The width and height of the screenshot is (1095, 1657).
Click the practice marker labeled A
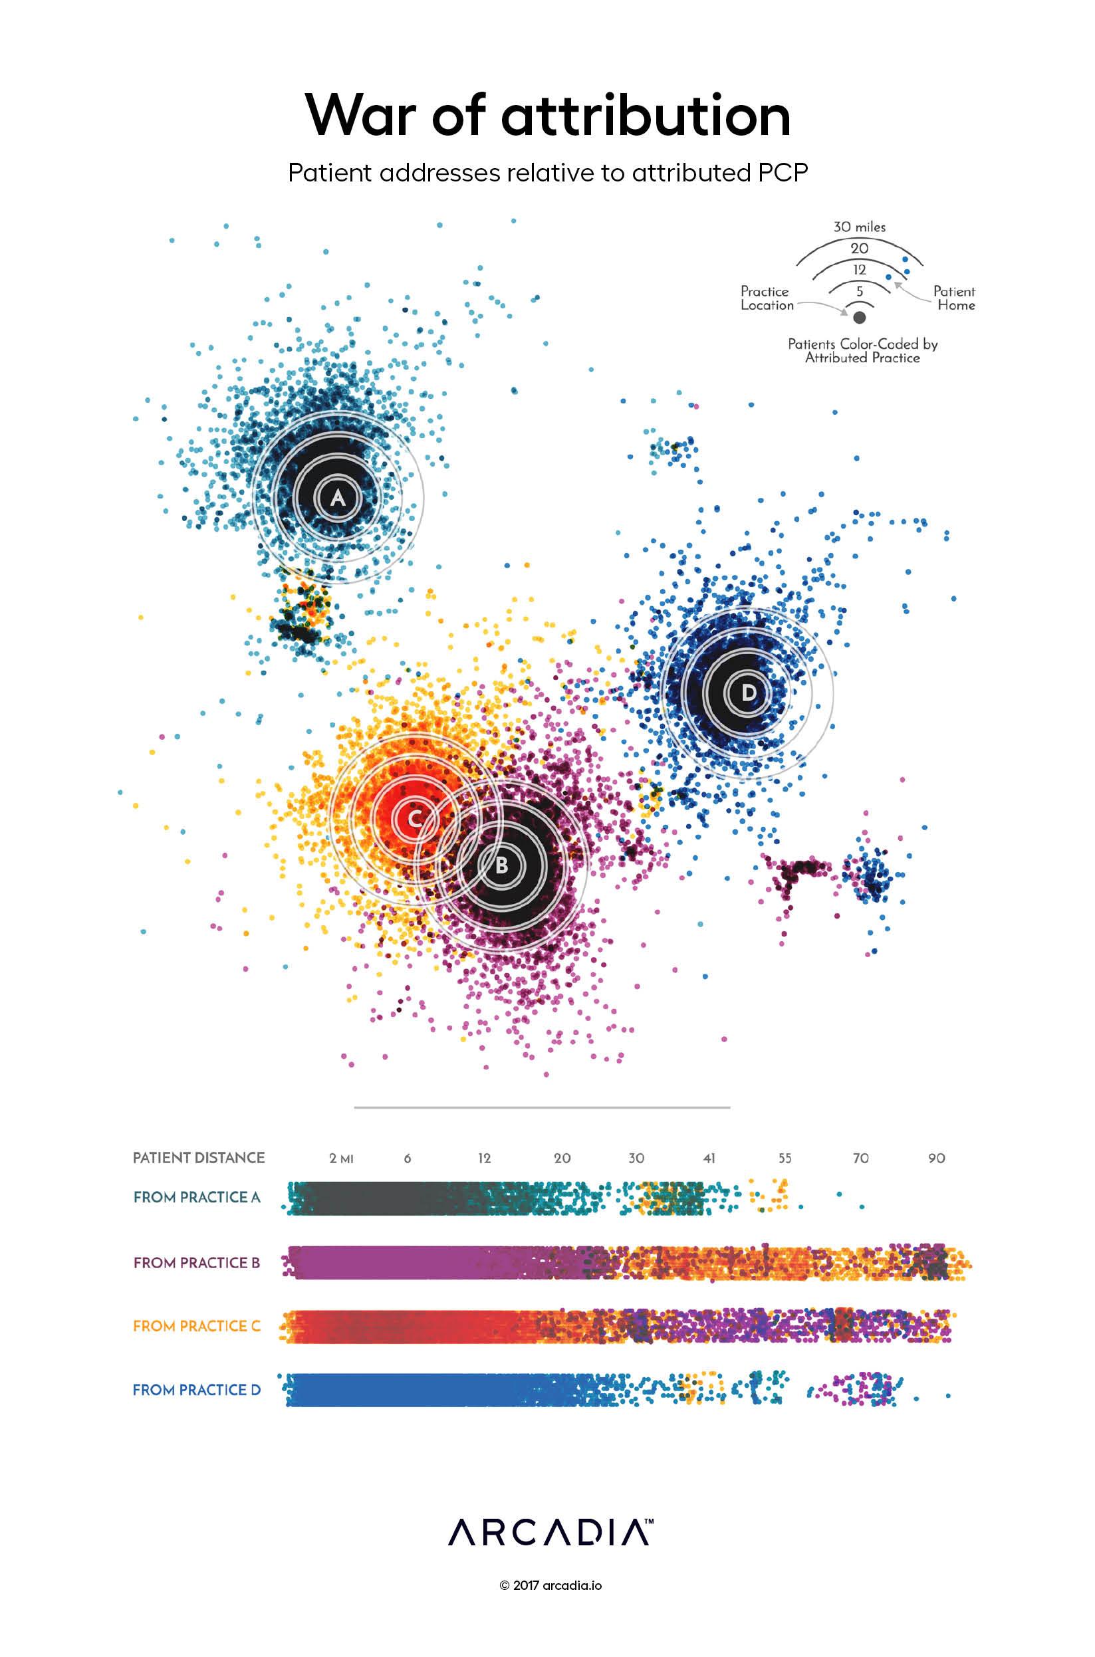click(338, 498)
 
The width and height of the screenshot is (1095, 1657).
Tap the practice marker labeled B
click(501, 865)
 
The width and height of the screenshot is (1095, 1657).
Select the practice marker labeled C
click(414, 819)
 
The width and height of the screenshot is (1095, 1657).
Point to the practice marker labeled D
click(748, 693)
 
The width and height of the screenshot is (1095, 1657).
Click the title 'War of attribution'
click(548, 115)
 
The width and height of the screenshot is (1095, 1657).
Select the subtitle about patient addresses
click(548, 173)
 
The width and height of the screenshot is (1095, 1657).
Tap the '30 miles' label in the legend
click(859, 227)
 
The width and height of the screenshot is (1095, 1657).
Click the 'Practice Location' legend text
click(766, 298)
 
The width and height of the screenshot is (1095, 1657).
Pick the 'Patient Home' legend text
click(955, 298)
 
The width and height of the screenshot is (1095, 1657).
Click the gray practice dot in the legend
click(860, 318)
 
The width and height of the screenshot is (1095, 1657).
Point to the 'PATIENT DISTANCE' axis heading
click(199, 1158)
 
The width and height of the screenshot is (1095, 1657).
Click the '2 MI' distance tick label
click(342, 1159)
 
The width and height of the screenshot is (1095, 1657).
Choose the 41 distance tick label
click(709, 1159)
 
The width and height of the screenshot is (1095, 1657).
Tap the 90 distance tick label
click(936, 1159)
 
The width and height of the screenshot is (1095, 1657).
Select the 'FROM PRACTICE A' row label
click(197, 1198)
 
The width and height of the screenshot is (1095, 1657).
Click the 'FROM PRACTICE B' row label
click(197, 1263)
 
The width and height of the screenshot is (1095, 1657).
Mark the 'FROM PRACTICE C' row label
click(197, 1326)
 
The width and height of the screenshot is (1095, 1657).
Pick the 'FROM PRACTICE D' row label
click(197, 1390)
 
